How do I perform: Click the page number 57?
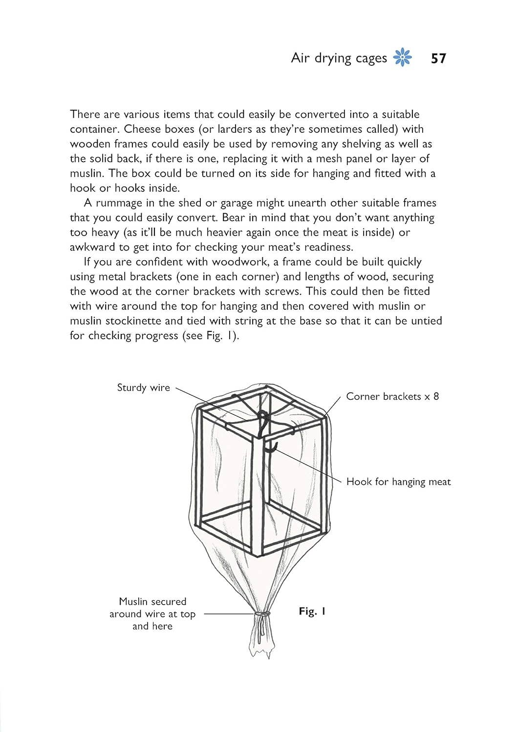pyautogui.click(x=438, y=59)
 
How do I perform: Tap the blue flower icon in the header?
pyautogui.click(x=403, y=58)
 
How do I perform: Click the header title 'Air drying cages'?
pyautogui.click(x=339, y=58)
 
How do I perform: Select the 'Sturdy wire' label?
pyautogui.click(x=143, y=387)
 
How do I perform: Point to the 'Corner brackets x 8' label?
pyautogui.click(x=392, y=396)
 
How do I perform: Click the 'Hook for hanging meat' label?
pyautogui.click(x=398, y=482)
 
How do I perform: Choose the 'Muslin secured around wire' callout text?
pyautogui.click(x=152, y=613)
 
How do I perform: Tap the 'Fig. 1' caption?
pyautogui.click(x=312, y=611)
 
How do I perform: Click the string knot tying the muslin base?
pyautogui.click(x=262, y=614)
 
